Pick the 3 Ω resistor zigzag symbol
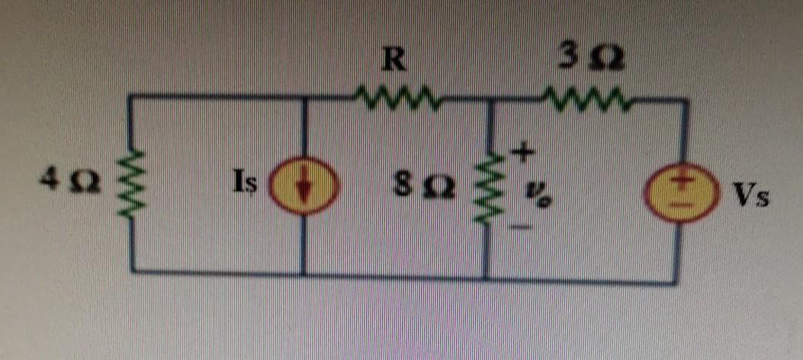586,98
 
